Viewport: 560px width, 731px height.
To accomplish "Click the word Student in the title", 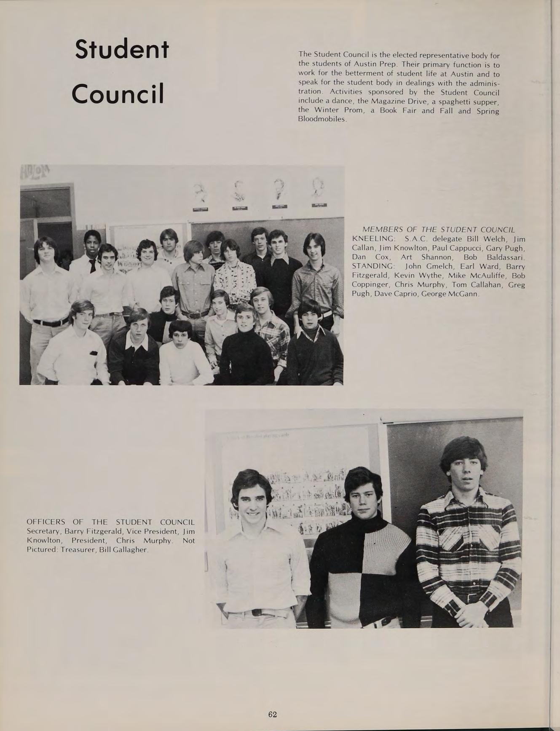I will tap(122, 50).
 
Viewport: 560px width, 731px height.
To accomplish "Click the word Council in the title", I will tap(118, 94).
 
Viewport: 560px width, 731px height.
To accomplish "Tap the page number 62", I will tap(272, 714).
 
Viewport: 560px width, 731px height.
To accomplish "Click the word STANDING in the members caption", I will tap(373, 266).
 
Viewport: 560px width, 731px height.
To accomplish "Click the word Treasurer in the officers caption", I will tap(78, 550).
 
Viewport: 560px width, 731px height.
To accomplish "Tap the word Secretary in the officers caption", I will tap(43, 531).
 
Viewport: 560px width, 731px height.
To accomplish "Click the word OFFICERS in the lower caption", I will tap(46, 522).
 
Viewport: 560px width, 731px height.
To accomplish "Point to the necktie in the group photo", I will tap(92, 265).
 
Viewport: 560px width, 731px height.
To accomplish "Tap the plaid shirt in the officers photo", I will tap(468, 544).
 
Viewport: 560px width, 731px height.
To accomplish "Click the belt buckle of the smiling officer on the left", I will tap(255, 613).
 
